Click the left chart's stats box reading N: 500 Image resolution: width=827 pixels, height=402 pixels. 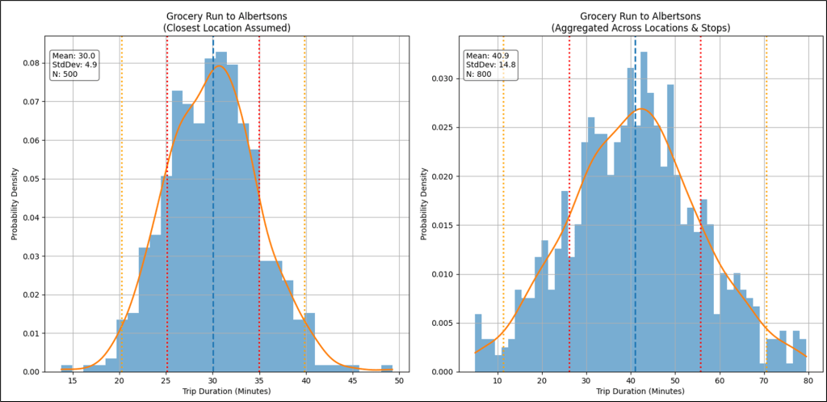coord(74,65)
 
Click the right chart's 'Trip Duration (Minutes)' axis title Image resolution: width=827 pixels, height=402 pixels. coord(639,392)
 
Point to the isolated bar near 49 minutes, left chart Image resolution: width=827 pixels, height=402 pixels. coord(387,368)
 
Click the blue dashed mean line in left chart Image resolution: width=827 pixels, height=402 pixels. coord(213,202)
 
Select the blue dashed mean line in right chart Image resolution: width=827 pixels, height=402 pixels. coord(635,202)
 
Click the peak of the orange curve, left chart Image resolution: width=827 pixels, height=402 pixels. coord(218,66)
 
